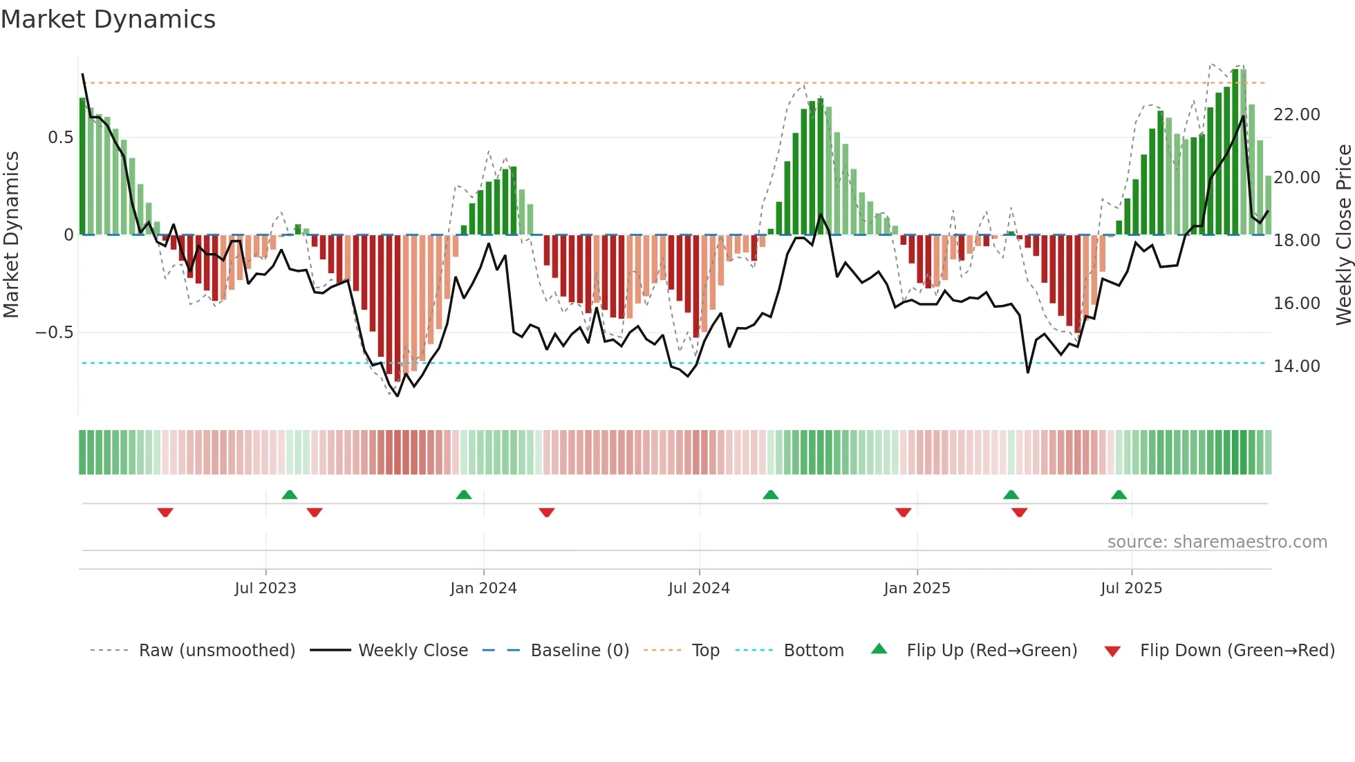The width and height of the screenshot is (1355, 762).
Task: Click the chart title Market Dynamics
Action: tap(108, 19)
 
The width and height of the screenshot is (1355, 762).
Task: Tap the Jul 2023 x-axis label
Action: tap(265, 588)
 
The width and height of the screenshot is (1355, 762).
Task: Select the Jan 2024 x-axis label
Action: tap(483, 588)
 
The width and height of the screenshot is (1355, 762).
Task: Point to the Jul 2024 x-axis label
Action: tap(699, 588)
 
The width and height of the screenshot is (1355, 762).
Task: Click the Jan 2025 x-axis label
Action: tap(917, 588)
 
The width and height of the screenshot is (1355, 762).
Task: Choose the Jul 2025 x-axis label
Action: tap(1131, 588)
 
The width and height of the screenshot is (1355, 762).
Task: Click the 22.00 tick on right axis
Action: tap(1296, 115)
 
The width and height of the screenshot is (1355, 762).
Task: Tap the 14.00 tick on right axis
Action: tap(1296, 366)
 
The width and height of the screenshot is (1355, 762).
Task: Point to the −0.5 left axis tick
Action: tap(54, 333)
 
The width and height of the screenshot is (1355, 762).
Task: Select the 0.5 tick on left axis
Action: tap(60, 138)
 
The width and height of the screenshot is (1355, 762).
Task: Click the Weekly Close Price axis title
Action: tap(1343, 234)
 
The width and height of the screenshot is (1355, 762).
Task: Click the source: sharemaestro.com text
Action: tap(1217, 542)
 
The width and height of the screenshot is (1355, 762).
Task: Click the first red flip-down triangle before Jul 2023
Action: tap(165, 512)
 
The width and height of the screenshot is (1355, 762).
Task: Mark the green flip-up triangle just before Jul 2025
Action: tap(1119, 494)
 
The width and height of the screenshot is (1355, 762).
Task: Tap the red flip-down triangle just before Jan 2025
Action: tap(903, 512)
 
